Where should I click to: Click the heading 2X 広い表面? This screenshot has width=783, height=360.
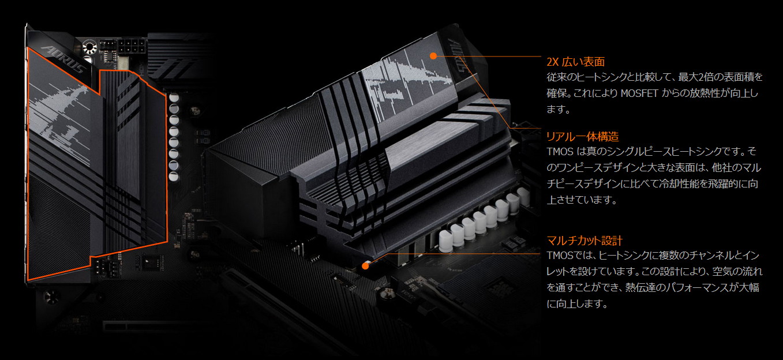tap(575, 62)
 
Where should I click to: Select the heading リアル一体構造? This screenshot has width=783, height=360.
tap(582, 136)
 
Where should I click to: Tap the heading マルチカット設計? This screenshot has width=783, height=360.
tap(585, 241)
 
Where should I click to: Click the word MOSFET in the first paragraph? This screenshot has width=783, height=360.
tap(639, 93)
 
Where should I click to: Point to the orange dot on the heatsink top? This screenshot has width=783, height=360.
tap(433, 56)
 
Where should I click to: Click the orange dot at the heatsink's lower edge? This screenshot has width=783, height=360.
tap(365, 266)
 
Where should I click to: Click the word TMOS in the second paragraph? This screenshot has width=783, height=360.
tap(560, 151)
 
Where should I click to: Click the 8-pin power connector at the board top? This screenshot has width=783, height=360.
tap(132, 47)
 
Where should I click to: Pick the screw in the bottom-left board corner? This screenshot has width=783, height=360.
tap(51, 298)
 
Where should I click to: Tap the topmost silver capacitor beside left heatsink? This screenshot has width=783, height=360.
tap(174, 97)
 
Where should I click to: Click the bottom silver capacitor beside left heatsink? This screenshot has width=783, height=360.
tap(174, 177)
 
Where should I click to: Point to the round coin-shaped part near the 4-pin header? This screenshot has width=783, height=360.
tap(89, 47)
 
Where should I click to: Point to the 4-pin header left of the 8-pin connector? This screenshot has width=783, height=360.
tap(107, 44)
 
